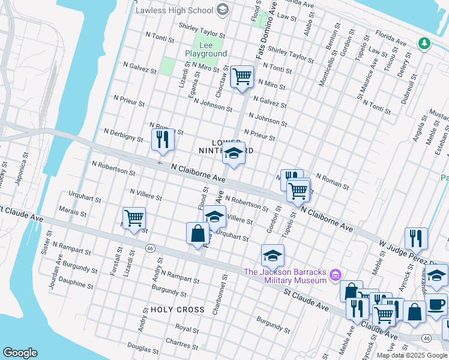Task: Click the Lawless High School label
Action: (x=174, y=10)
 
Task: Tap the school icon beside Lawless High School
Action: (x=223, y=10)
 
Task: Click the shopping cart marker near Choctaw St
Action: (x=242, y=77)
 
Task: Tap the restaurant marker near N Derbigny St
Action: (x=163, y=139)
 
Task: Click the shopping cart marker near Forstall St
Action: (x=134, y=218)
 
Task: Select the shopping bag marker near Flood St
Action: (x=197, y=233)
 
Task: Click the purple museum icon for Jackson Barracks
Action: (x=336, y=276)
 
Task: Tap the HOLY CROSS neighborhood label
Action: (x=178, y=310)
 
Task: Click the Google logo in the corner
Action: (x=20, y=353)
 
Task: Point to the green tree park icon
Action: (x=424, y=43)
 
